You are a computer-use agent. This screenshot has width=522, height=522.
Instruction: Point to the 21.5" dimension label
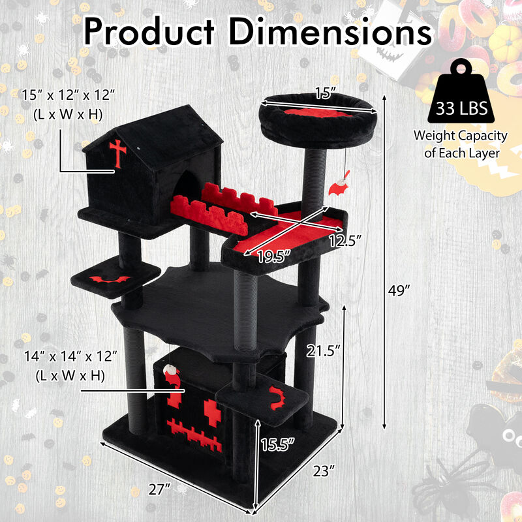pyautogui.click(x=325, y=350)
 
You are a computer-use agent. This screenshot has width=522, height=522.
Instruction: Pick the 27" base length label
pyautogui.click(x=161, y=487)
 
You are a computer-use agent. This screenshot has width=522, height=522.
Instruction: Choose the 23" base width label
pyautogui.click(x=323, y=469)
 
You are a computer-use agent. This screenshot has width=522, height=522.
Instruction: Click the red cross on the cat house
pyautogui.click(x=118, y=153)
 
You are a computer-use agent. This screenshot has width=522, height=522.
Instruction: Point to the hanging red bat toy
pyautogui.click(x=338, y=187)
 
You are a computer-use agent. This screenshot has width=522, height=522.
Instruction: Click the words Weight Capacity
pyautogui.click(x=460, y=136)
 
